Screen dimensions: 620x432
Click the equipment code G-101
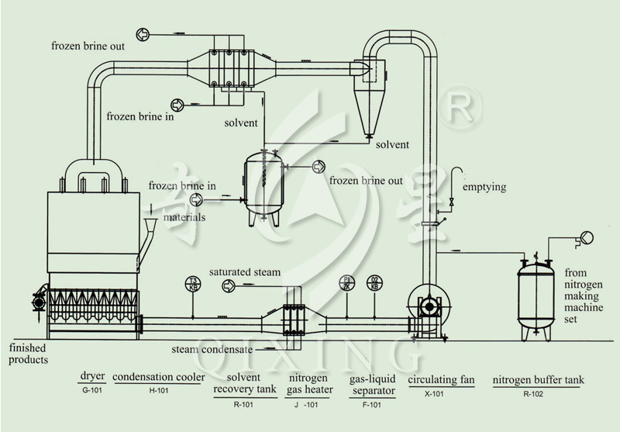click(92, 390)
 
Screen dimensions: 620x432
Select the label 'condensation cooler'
click(159, 377)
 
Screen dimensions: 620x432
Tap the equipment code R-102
click(533, 394)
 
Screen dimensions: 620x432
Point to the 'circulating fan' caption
click(441, 380)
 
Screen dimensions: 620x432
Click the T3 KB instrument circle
click(193, 284)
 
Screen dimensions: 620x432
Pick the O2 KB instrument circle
click(374, 283)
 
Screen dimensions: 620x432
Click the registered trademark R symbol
click(460, 106)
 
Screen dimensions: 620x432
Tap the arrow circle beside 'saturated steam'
click(229, 285)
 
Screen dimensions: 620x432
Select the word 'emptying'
click(484, 187)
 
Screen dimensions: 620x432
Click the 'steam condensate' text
click(212, 349)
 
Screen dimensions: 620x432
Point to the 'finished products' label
click(28, 354)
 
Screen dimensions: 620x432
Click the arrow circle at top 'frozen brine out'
click(143, 35)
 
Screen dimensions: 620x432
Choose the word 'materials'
click(184, 217)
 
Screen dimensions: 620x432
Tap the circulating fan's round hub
click(429, 306)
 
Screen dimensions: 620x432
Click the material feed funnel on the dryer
click(150, 226)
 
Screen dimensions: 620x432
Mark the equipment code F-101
click(372, 405)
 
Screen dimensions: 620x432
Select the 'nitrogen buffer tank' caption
click(538, 380)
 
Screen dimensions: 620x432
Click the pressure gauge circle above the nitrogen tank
click(587, 237)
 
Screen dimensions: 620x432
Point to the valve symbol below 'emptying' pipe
click(452, 202)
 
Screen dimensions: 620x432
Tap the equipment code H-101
click(159, 390)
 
